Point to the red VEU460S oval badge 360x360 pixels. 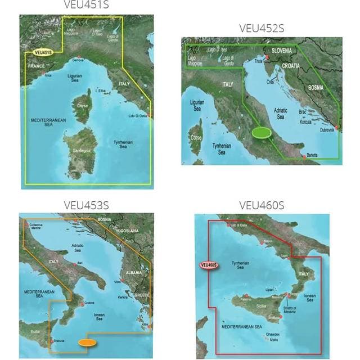pyautogui.click(x=208, y=264)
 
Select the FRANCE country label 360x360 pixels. pyautogui.click(x=35, y=66)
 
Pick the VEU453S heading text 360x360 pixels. pyautogui.click(x=87, y=205)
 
